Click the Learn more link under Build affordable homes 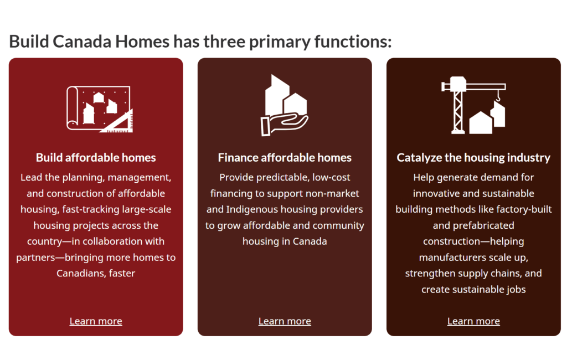tap(96, 321)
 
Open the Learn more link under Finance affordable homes tap(285, 321)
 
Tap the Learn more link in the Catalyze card tap(473, 321)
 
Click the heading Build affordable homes tap(96, 157)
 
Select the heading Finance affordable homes tap(285, 157)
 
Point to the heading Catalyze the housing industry tap(473, 158)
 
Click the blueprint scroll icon tap(100, 109)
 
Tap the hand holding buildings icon tap(284, 105)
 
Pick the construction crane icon tap(473, 105)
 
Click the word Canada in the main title tap(82, 41)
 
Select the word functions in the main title tap(353, 41)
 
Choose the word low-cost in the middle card tap(331, 177)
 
